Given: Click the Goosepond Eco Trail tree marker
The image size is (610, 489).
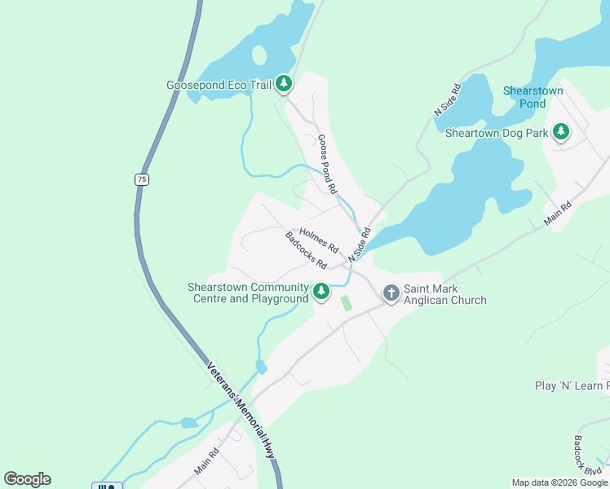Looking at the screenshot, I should point(284,83).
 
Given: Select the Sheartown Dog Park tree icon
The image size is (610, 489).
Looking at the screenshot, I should point(561,131).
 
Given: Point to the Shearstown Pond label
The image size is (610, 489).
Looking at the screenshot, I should point(533,97).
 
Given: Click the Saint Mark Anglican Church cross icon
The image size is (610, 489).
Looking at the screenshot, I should point(391,293).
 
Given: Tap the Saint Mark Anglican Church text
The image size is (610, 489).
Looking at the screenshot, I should point(444,294).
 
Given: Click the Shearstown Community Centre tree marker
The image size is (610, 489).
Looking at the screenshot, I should point(321,291).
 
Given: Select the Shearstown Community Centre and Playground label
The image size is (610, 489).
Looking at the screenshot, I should point(249,293).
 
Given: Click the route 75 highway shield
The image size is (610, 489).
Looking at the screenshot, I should point(142,179).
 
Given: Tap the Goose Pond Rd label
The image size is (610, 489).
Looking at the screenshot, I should point(327,163).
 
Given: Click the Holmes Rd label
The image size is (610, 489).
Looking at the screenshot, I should point(319,238).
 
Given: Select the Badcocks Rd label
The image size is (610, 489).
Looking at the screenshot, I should point(306,251).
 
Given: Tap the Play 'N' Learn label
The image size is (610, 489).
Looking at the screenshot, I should point(572,385).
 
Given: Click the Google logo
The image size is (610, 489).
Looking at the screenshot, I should point(27,479).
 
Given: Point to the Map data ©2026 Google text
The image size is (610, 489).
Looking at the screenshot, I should point(559,482).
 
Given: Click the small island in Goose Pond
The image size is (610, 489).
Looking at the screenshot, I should point(259,55).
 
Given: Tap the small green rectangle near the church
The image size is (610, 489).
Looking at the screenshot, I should point(347,303).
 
